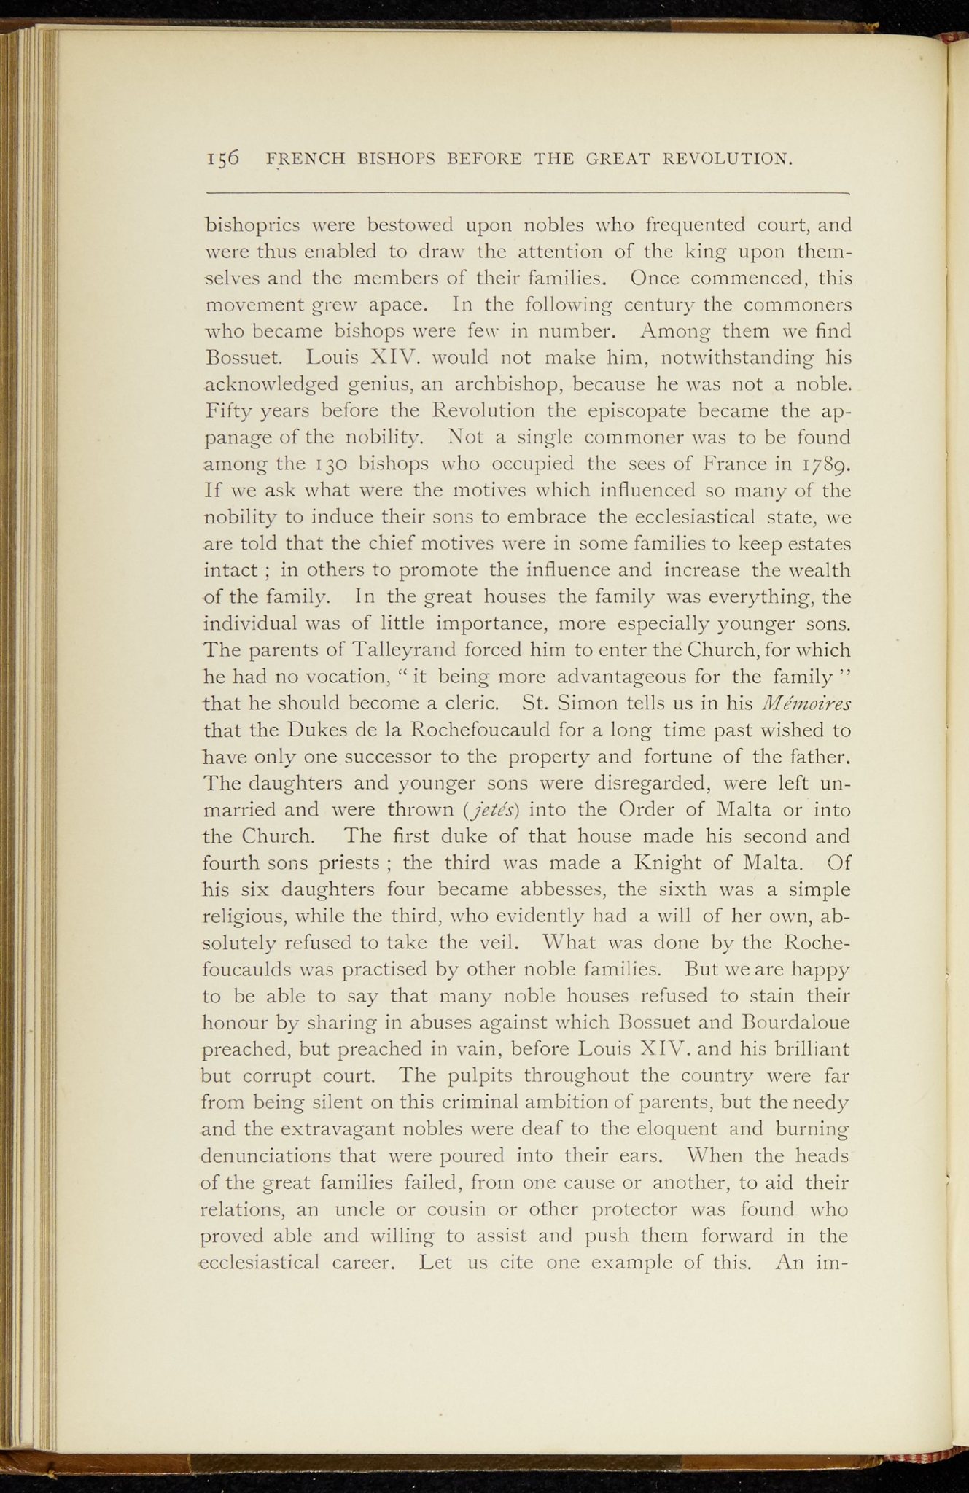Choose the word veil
tap(499, 943)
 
